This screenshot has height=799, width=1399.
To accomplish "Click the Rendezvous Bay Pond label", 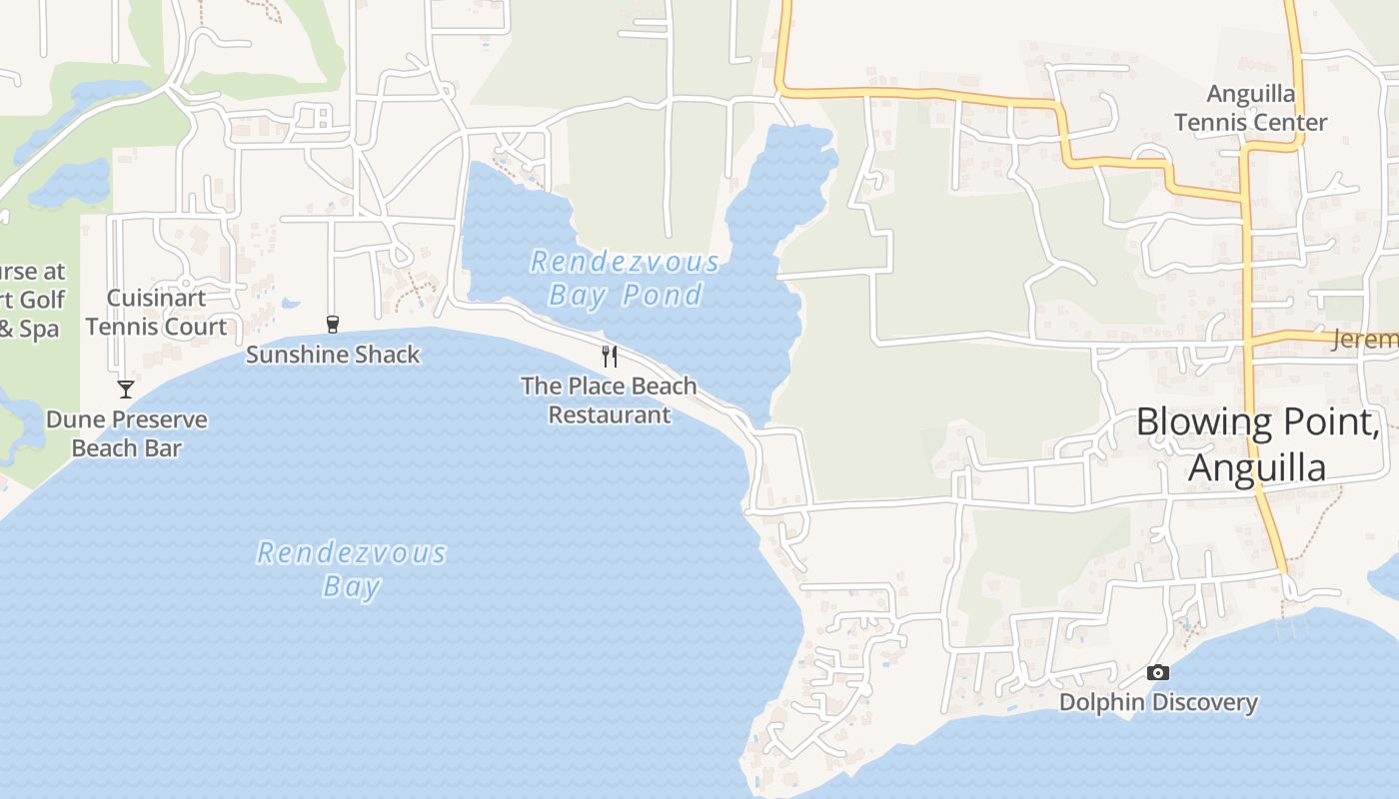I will pos(625,279).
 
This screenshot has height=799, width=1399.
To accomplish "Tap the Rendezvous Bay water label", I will pos(352,569).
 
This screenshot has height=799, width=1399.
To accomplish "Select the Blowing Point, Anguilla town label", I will pos(1257,444).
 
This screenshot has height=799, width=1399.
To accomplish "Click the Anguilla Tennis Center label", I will pos(1250,108).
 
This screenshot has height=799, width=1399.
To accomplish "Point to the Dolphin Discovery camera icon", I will pos(1158,672).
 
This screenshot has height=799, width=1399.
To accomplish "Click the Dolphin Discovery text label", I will pos(1158,702).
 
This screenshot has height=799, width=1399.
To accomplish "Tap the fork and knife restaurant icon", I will pos(610,357).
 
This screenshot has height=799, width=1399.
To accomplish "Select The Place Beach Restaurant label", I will pos(609,399).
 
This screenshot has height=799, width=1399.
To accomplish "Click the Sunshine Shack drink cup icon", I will pos(333,324).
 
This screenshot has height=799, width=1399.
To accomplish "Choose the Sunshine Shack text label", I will pos(333,355).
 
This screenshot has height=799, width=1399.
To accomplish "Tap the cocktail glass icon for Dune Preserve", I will pos(126,389).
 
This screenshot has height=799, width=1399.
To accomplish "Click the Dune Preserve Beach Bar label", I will pos(127,433).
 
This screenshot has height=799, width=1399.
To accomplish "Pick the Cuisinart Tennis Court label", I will pos(156,313).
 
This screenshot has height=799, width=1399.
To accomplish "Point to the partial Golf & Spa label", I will pos(32,300).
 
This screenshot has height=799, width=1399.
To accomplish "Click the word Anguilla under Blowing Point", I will pos(1257,468).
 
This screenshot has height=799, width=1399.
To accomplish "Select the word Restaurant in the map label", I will pos(610,414).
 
